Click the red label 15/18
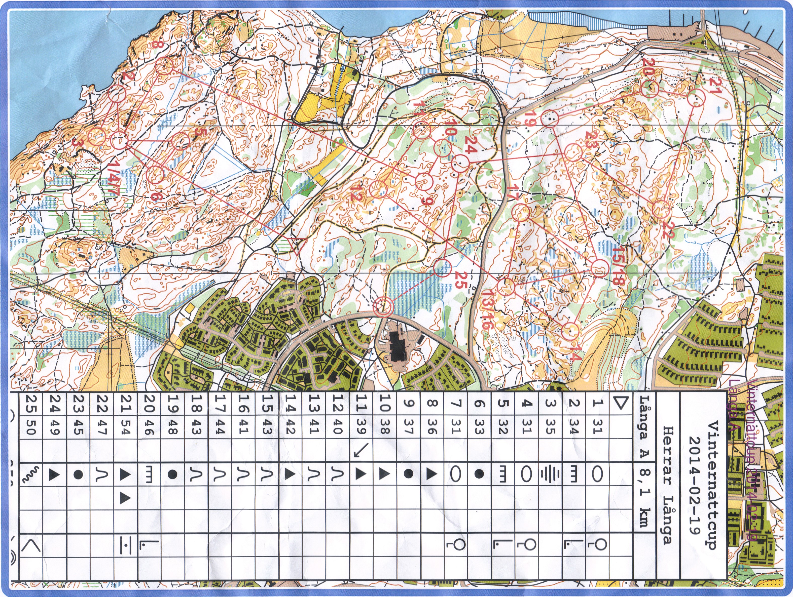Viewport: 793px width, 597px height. tap(618, 265)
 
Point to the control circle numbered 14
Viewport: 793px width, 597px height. tap(570, 331)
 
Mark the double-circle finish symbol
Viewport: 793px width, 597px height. tap(383, 307)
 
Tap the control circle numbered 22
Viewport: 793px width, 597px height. tap(661, 210)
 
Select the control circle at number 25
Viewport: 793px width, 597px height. tap(442, 268)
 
